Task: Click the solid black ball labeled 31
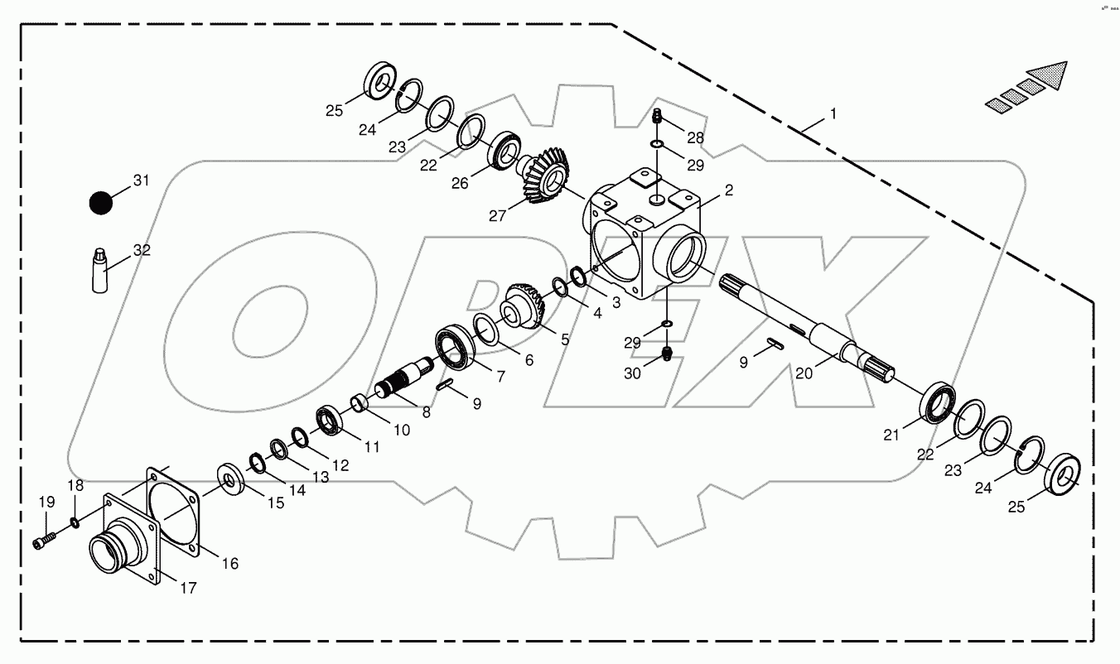(101, 203)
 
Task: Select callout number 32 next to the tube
(142, 250)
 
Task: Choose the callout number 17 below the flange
(188, 589)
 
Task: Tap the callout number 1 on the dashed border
(833, 113)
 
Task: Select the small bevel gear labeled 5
(524, 306)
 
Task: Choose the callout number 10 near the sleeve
(401, 430)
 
